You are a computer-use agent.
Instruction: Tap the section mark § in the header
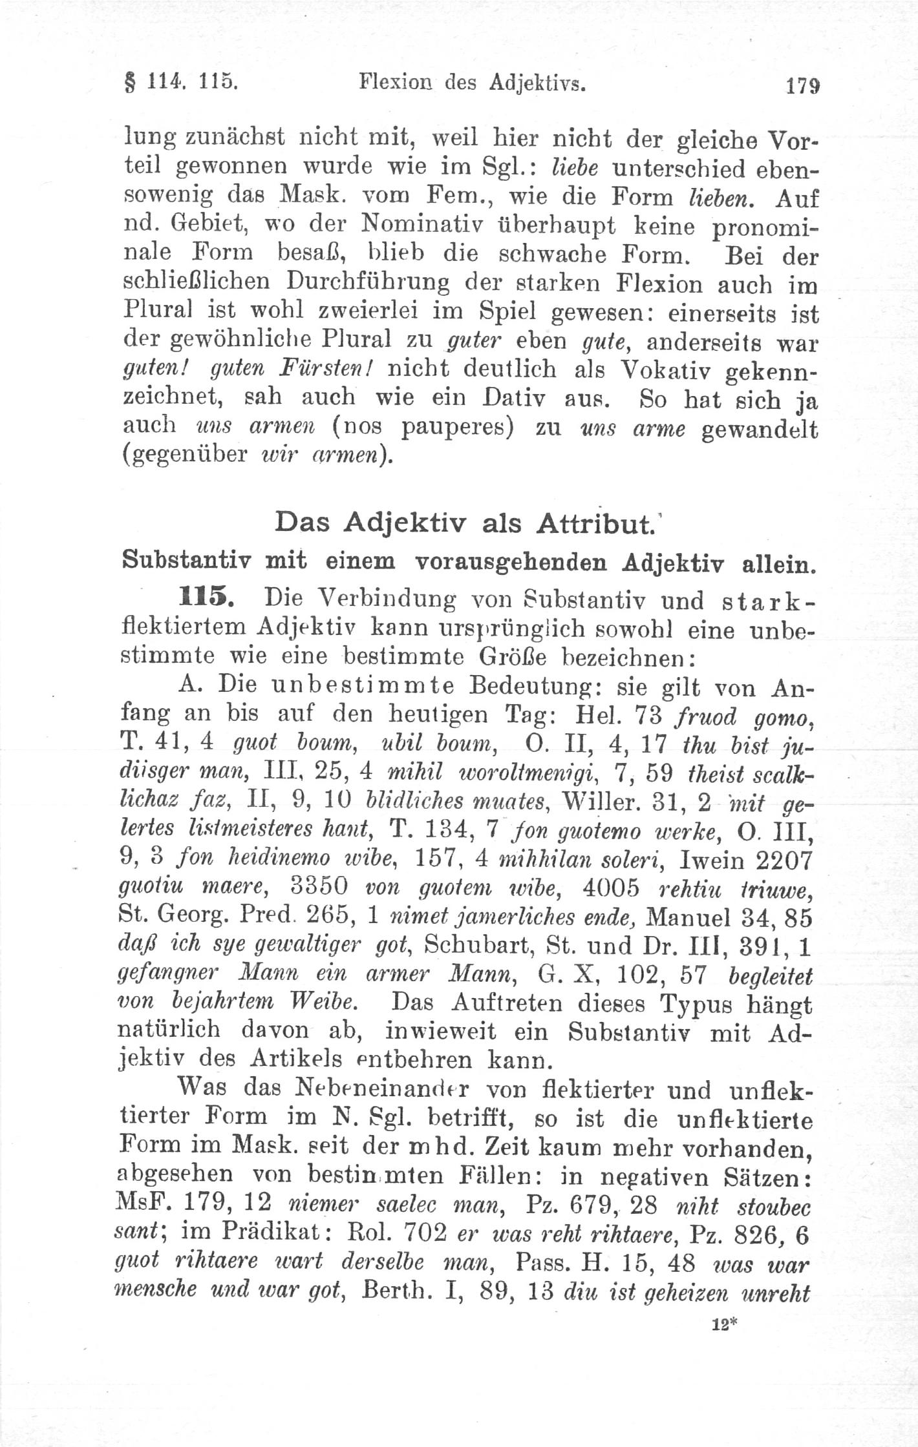(x=127, y=84)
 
